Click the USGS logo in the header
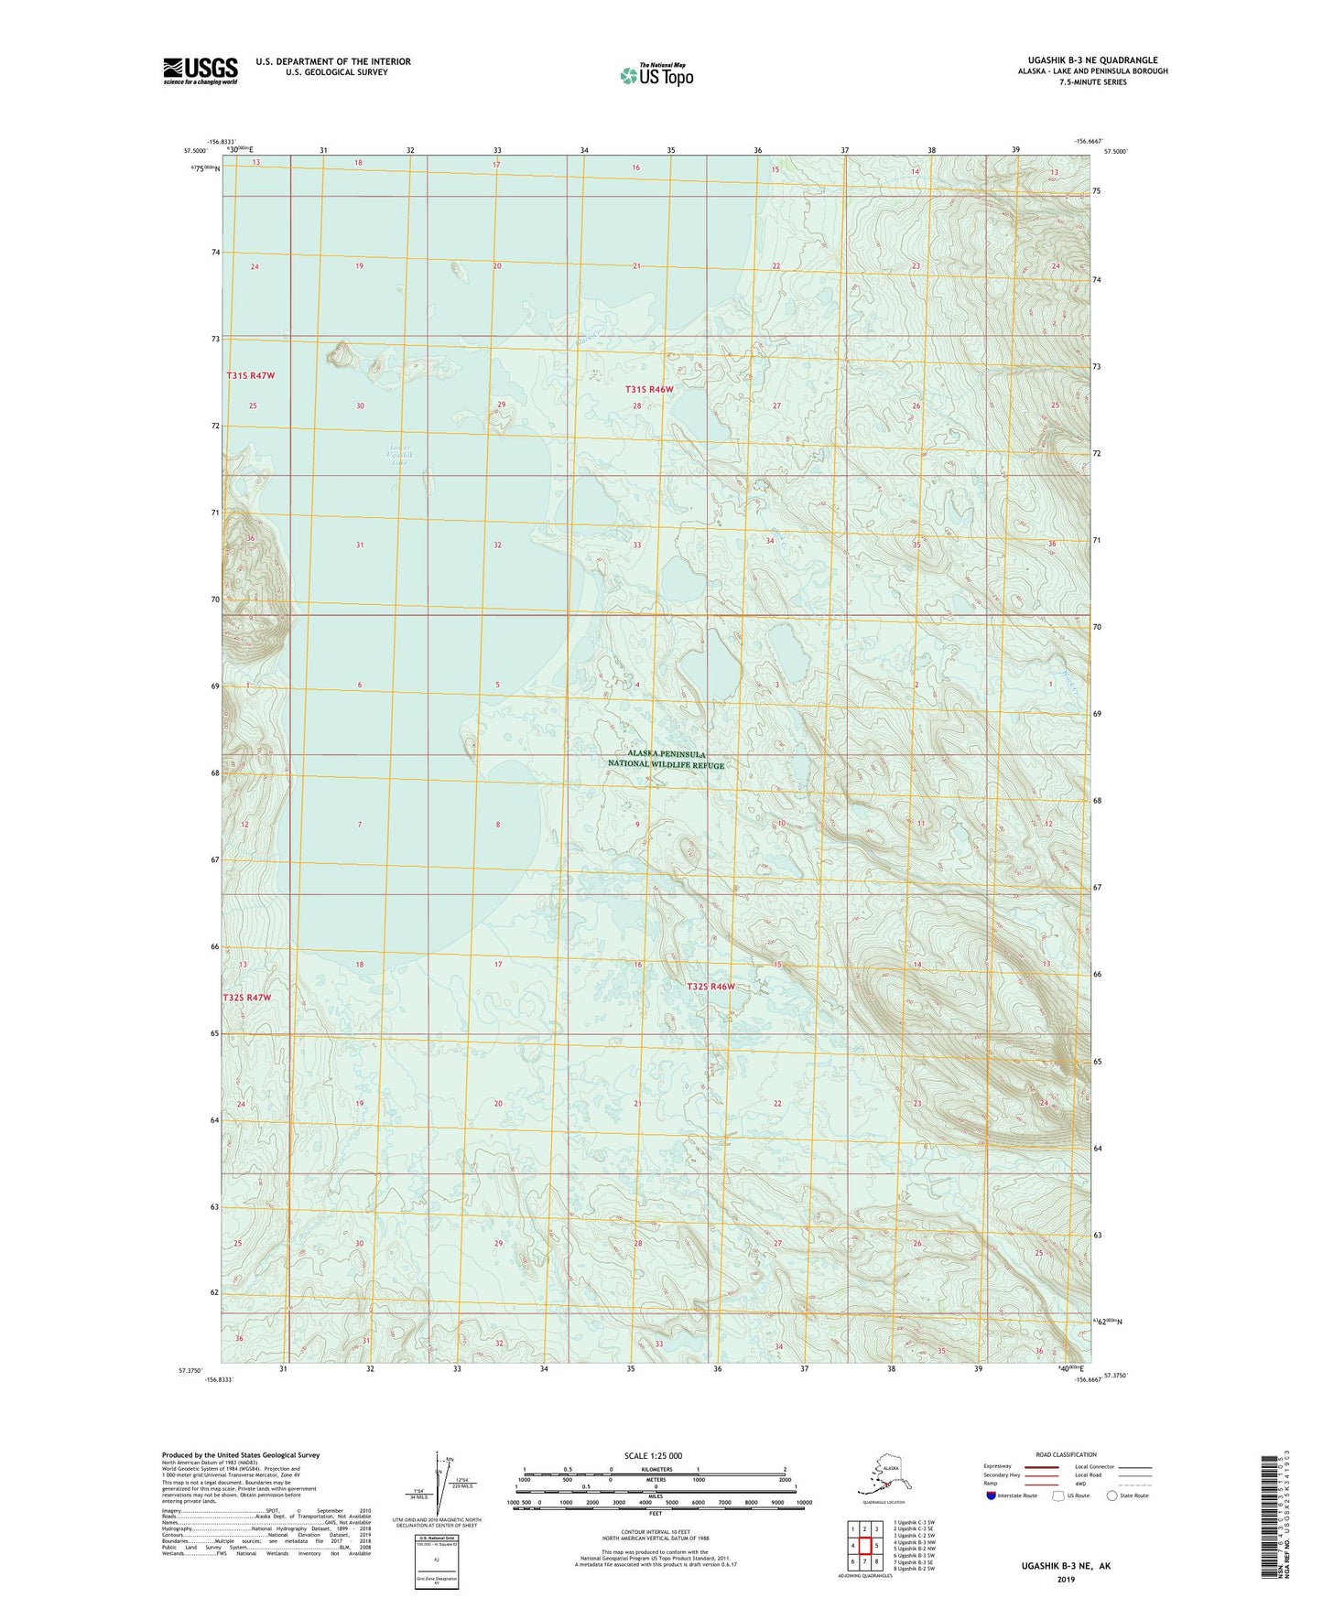[x=201, y=70]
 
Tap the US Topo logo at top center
[x=656, y=74]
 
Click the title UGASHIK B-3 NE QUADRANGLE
[x=1086, y=60]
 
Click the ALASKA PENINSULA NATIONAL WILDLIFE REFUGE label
[x=666, y=760]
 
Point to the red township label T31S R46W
[x=648, y=389]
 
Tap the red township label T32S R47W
[x=247, y=997]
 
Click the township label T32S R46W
[x=711, y=987]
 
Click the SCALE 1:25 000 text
[x=653, y=1456]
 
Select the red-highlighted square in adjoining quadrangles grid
[x=864, y=1545]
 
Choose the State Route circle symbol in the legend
[x=1112, y=1495]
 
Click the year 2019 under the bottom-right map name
[x=1066, y=1579]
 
